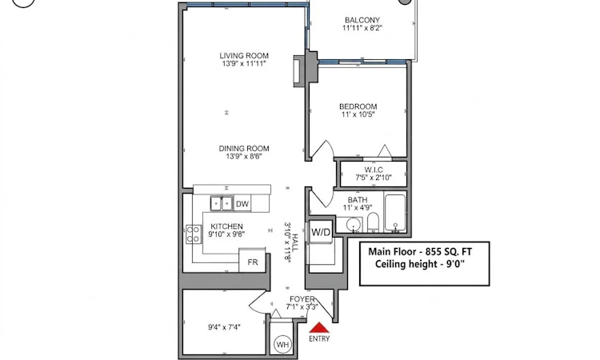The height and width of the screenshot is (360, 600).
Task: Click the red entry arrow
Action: coord(319,328)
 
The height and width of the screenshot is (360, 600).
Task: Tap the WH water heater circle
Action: coord(282,344)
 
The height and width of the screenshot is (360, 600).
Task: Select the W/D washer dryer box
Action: coord(321,232)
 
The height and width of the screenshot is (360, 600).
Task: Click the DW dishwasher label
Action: coord(242,204)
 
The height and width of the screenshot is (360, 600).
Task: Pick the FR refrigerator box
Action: coord(252,261)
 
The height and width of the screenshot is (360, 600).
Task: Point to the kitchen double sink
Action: coord(222,203)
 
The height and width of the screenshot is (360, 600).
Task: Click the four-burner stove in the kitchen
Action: coord(194,234)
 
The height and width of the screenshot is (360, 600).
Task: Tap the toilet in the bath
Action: coord(373,222)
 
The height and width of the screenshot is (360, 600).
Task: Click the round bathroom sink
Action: coord(354,225)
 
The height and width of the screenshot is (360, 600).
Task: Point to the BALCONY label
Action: coord(362,20)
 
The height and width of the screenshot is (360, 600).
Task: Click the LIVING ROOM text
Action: coord(244,55)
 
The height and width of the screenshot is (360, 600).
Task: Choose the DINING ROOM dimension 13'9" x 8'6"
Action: coord(244,156)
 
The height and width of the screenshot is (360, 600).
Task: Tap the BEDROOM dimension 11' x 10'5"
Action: coord(358,114)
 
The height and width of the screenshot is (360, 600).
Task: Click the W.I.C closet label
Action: coord(374,170)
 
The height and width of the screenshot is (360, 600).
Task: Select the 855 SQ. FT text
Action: coord(451,252)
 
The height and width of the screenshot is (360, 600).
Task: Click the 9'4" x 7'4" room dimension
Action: coord(224,327)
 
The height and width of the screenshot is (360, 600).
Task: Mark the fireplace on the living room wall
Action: coord(298,71)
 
